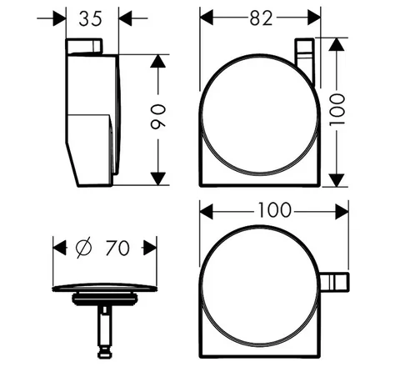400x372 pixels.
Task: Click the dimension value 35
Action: pyautogui.click(x=91, y=19)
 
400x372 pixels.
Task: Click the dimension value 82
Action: pyautogui.click(x=261, y=18)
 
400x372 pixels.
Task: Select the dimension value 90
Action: pyautogui.click(x=158, y=117)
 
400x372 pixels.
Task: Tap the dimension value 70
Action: pyautogui.click(x=117, y=248)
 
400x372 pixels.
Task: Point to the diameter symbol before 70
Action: pyautogui.click(x=83, y=248)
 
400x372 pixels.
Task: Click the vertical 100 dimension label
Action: pyautogui.click(x=337, y=110)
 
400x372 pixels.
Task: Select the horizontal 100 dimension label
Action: pyautogui.click(x=275, y=210)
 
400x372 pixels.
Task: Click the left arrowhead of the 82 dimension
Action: pyautogui.click(x=207, y=18)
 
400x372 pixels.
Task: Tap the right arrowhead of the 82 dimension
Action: pyautogui.click(x=314, y=18)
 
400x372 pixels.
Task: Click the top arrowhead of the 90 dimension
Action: pyautogui.click(x=158, y=61)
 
